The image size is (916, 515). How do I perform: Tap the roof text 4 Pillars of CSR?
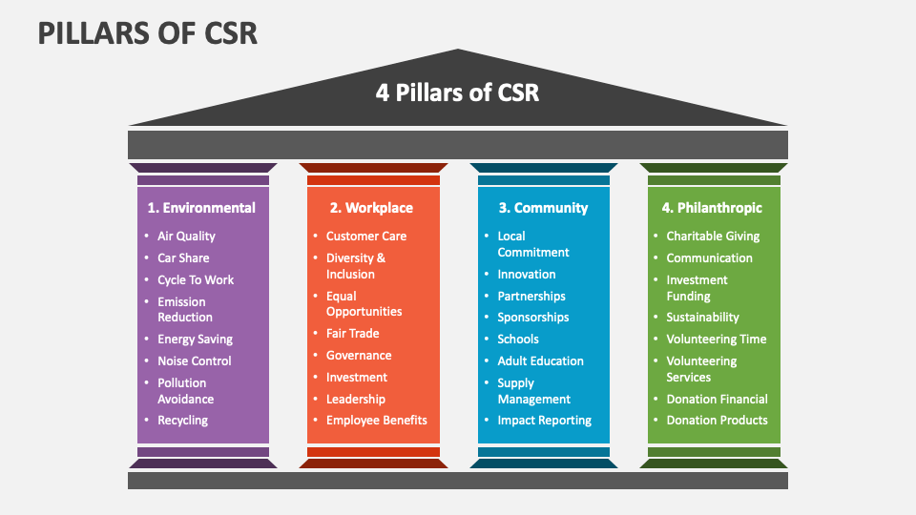click(458, 93)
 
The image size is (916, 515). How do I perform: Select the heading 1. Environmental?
click(201, 207)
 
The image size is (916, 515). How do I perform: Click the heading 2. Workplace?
click(371, 207)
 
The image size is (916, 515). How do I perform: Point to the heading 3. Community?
click(542, 207)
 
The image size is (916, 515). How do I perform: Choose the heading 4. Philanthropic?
click(712, 207)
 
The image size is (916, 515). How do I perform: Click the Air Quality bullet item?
click(186, 236)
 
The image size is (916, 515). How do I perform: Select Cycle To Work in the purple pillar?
click(196, 279)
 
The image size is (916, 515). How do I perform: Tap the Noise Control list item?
click(195, 360)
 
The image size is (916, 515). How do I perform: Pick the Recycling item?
click(182, 420)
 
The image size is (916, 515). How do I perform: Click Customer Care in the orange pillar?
click(366, 236)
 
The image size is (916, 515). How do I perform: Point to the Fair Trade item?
click(352, 333)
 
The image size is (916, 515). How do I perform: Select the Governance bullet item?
click(359, 355)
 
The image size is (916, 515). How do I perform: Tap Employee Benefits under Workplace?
click(377, 420)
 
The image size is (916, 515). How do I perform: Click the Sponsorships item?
click(532, 317)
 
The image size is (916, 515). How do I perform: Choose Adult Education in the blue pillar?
click(540, 360)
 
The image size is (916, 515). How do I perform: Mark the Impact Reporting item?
click(544, 420)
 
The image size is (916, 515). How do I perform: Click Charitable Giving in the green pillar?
click(713, 236)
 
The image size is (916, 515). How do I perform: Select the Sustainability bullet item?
click(702, 317)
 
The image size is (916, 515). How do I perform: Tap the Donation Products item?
click(717, 420)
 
